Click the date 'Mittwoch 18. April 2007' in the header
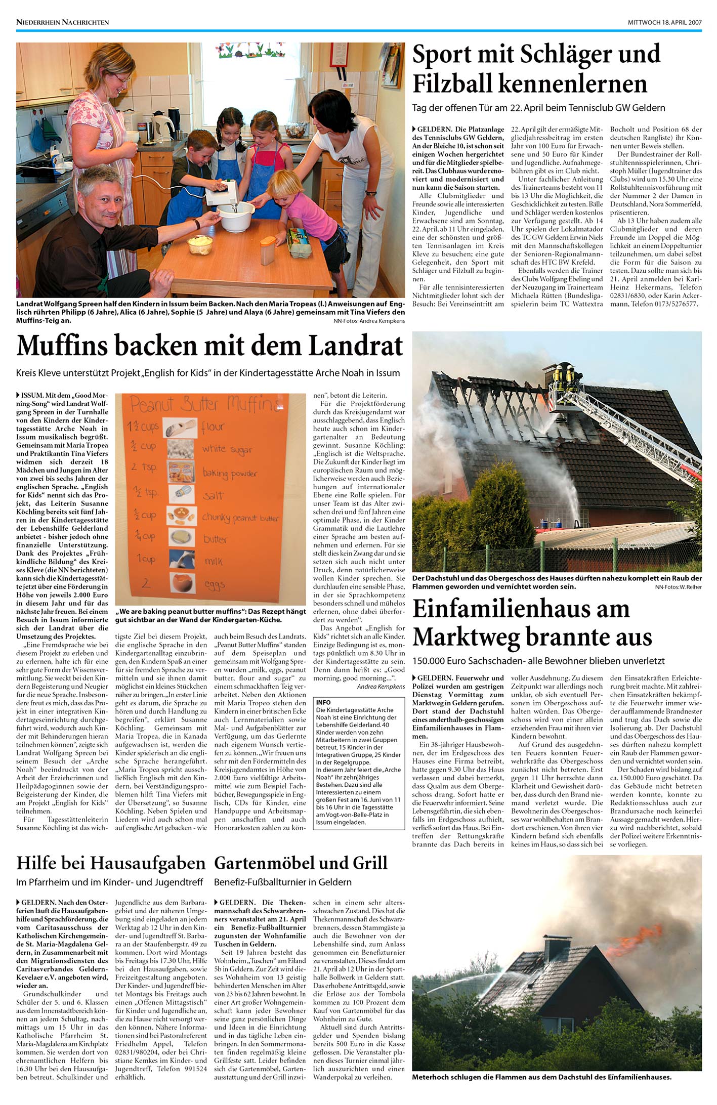click(x=664, y=22)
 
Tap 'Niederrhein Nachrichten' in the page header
click(x=62, y=22)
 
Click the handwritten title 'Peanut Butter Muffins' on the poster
click(x=205, y=405)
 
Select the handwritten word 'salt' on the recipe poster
click(x=213, y=495)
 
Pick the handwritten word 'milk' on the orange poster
click(x=214, y=561)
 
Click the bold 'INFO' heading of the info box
click(x=323, y=703)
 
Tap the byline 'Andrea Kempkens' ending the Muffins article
click(x=381, y=687)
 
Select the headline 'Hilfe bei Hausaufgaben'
click(x=111, y=863)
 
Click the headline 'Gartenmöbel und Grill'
click(x=301, y=863)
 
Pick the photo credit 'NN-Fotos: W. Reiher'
click(x=678, y=587)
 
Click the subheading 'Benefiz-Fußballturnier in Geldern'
click(x=282, y=882)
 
